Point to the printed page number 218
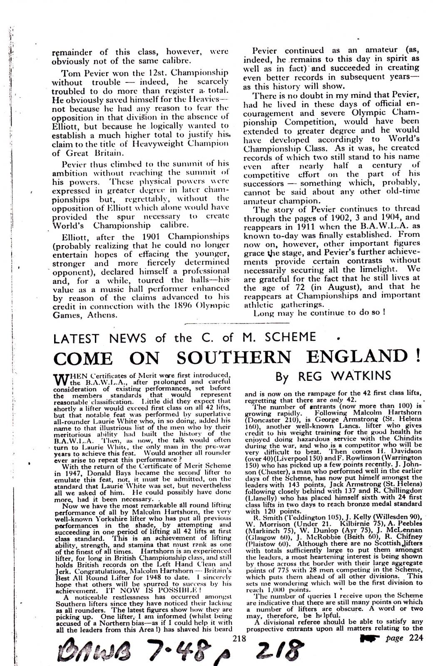(239, 638)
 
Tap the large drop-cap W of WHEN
(60, 378)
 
